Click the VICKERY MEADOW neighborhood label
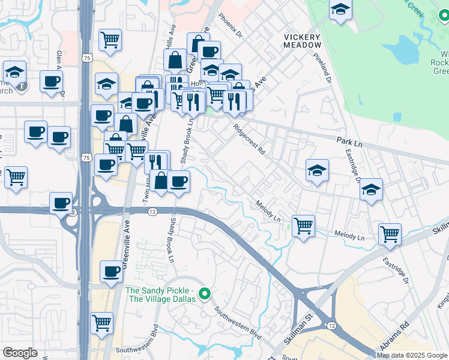point(302,41)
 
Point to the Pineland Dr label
point(322,67)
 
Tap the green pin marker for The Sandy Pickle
point(205,294)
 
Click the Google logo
point(20,353)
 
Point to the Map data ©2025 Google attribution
point(412,355)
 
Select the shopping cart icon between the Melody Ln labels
point(304,226)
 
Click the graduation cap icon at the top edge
point(341,10)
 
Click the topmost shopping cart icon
point(110,40)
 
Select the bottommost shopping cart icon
point(102,323)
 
